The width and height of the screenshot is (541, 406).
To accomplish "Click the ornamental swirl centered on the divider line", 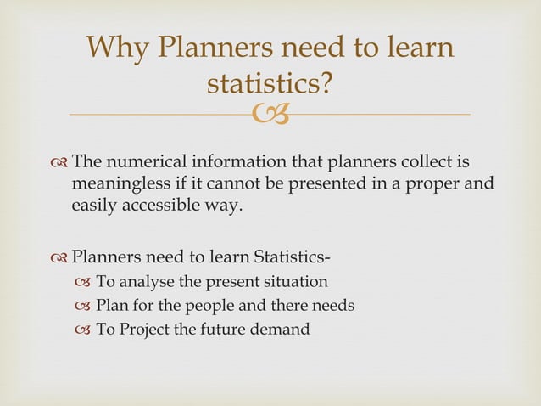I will coord(270,114).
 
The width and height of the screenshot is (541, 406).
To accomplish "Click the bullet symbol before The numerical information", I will coord(59,162).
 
